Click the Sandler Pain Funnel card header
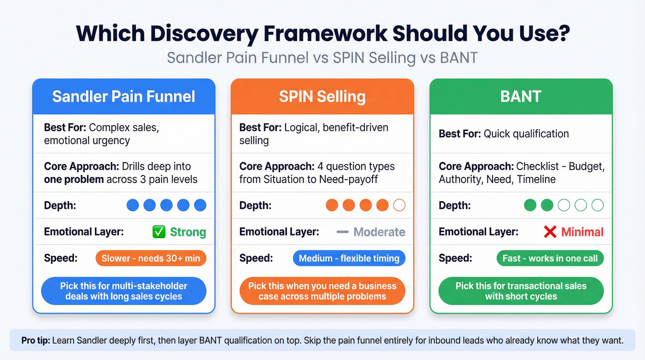tap(123, 96)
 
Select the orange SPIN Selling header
tap(322, 96)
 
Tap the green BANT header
tap(521, 96)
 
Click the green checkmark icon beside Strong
tap(159, 232)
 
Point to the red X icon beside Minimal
tap(550, 232)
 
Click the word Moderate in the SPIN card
tap(379, 232)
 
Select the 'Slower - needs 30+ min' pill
tap(151, 258)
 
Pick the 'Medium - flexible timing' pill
tap(349, 258)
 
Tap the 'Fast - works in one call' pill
tap(550, 258)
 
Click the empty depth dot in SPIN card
tap(399, 205)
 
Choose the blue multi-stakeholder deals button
tap(123, 291)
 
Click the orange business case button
tap(322, 291)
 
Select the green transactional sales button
tap(521, 291)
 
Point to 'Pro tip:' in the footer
tap(36, 341)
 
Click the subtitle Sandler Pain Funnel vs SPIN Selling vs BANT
tap(322, 58)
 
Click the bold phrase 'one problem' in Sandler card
tap(74, 179)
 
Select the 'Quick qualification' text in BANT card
tap(526, 134)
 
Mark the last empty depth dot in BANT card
tap(598, 205)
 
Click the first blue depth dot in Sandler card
tap(133, 205)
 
